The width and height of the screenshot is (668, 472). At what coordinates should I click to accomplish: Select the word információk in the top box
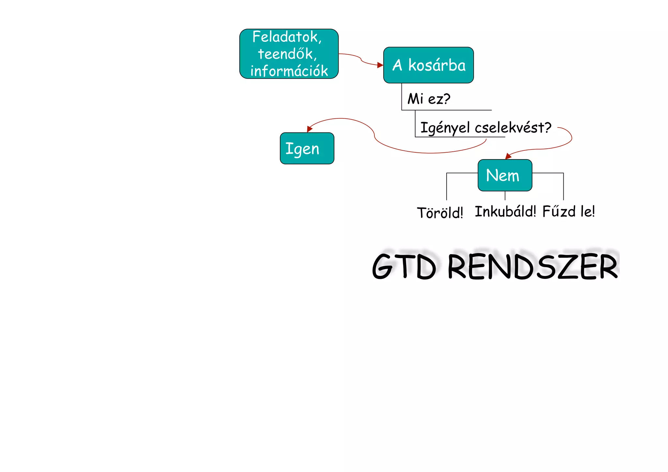(289, 71)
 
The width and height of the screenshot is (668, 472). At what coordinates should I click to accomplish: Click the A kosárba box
(428, 65)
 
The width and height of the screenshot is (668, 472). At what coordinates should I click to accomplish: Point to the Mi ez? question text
(429, 99)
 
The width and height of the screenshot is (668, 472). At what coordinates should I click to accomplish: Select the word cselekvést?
(513, 128)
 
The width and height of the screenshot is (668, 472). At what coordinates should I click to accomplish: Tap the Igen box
(307, 148)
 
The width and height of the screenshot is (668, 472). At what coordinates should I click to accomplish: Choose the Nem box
(505, 175)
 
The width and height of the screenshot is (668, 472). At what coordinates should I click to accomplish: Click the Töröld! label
(440, 213)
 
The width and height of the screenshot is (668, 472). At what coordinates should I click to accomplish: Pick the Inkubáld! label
(505, 211)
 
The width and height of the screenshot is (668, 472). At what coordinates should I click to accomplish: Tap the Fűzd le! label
(569, 211)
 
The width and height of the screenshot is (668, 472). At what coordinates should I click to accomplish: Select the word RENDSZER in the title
(533, 267)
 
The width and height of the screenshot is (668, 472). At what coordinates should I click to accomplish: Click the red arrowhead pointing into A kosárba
(380, 65)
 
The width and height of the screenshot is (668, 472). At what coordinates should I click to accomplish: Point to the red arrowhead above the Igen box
(310, 129)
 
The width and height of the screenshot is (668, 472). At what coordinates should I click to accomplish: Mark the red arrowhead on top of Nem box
(508, 157)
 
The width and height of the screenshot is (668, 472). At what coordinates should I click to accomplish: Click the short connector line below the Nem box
(505, 195)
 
